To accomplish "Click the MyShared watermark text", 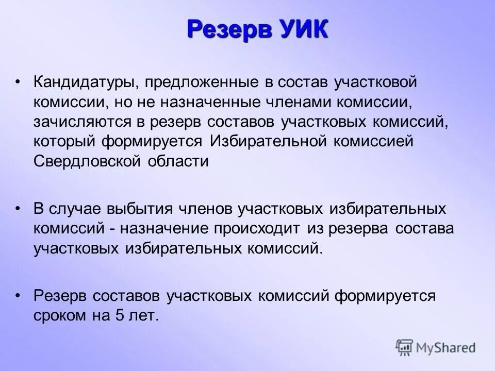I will [446, 347].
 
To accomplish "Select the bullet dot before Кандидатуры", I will [18, 82].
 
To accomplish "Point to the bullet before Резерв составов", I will [18, 296].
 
